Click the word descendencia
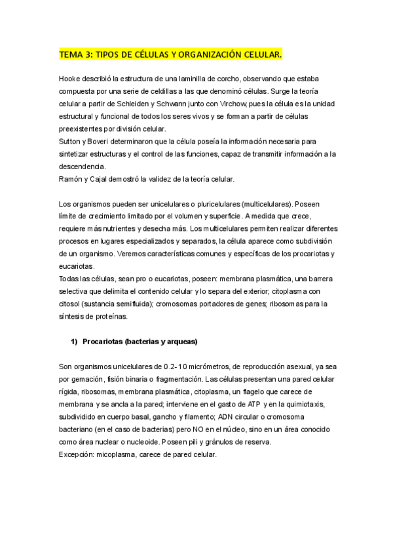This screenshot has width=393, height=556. pyautogui.click(x=84, y=166)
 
